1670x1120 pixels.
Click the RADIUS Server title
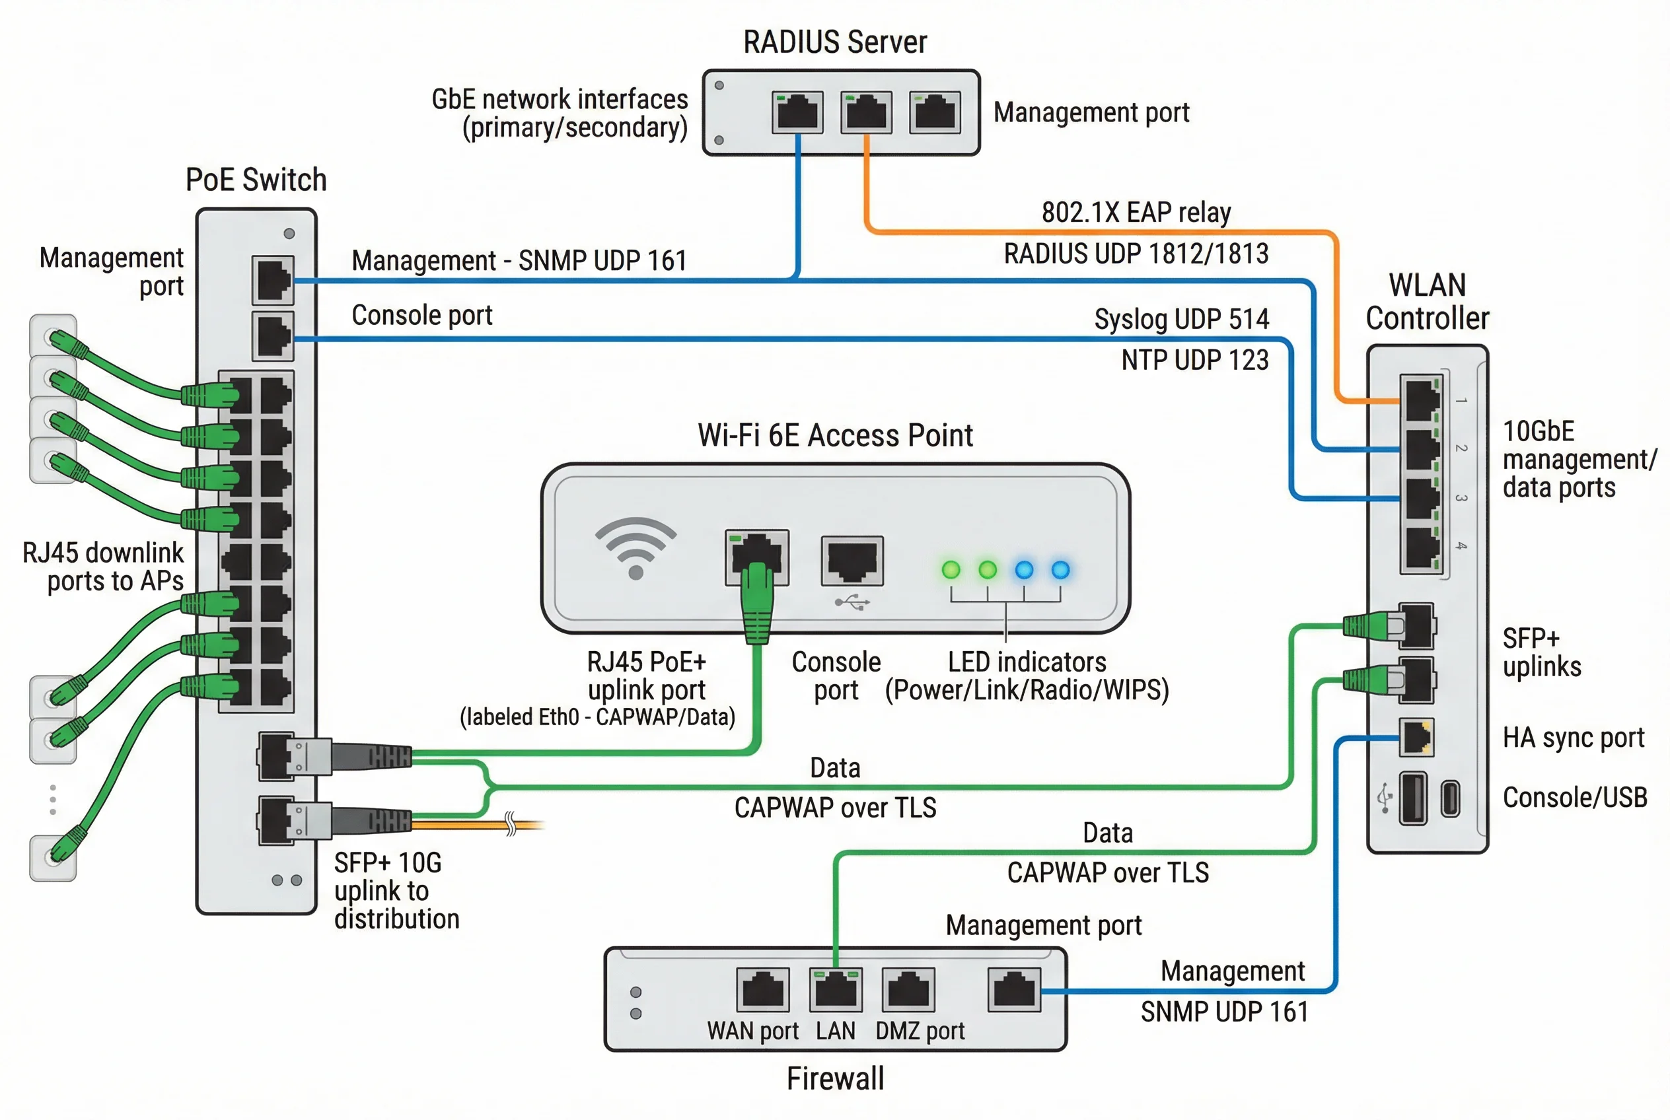coord(834,42)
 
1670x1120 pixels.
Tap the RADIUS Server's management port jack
coord(934,112)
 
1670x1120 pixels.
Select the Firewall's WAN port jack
coord(762,989)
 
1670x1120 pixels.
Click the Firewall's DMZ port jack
coord(908,989)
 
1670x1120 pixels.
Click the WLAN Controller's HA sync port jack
coord(1415,738)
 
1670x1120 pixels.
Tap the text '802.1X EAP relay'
coord(1136,212)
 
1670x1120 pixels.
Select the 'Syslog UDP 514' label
coord(1181,318)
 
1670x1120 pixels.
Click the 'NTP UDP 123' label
coord(1194,360)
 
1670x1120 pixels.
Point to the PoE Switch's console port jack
coord(273,335)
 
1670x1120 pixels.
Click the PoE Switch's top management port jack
coord(273,280)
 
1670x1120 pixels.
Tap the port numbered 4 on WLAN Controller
coord(1420,549)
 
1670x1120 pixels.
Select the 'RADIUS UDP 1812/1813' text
coord(1136,254)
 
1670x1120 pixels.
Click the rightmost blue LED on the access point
coord(1060,569)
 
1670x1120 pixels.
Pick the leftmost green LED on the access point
coord(951,569)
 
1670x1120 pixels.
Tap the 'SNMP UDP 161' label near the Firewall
coord(1223,1012)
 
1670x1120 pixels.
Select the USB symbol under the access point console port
coord(852,604)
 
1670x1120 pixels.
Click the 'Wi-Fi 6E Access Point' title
coord(834,435)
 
